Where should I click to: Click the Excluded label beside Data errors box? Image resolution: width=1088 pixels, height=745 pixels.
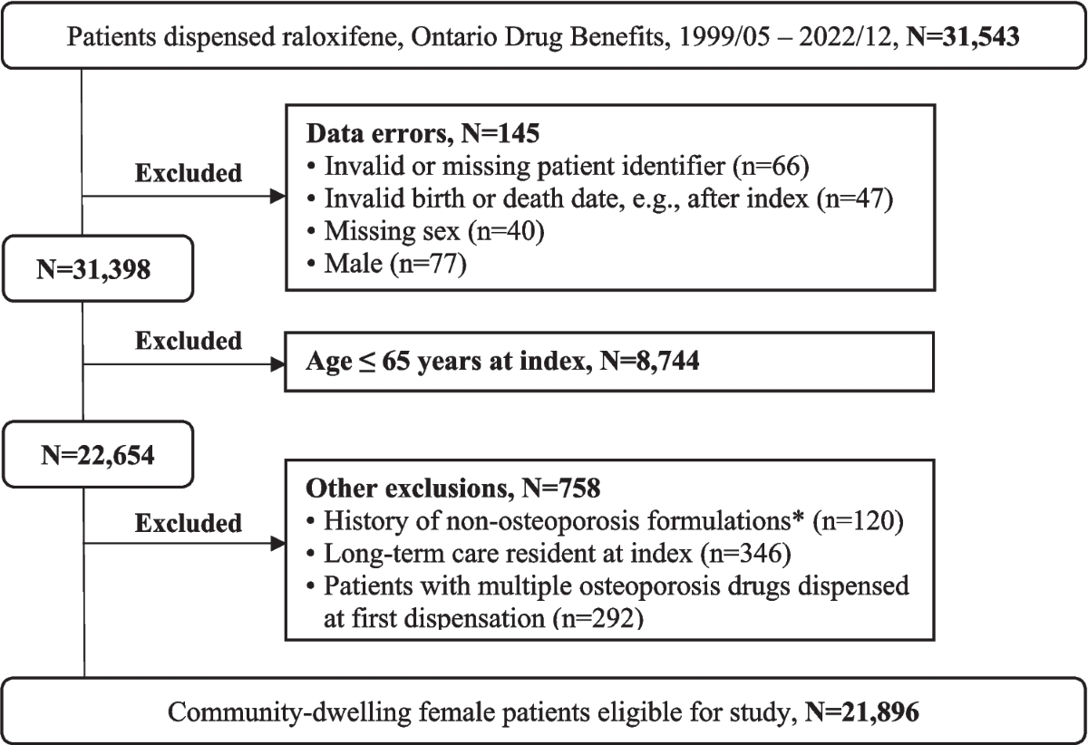click(x=189, y=172)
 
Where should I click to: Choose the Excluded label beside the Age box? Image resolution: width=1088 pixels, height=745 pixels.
click(x=189, y=341)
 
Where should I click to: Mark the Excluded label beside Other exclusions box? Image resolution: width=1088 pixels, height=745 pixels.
click(x=189, y=523)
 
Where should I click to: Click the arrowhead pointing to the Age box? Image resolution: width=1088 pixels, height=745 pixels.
click(x=275, y=366)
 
